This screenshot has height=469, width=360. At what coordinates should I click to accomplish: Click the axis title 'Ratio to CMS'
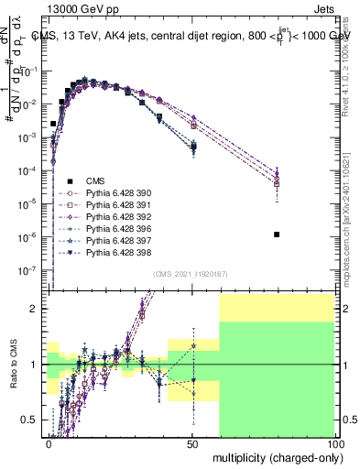pyautogui.click(x=13, y=365)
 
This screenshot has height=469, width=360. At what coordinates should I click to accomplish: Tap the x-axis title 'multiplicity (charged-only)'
pyautogui.click(x=274, y=456)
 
